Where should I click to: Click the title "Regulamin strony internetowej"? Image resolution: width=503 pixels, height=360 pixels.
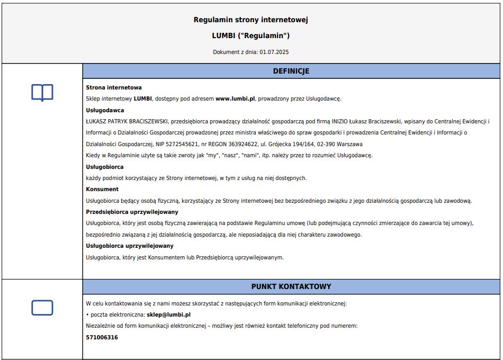(x=250, y=20)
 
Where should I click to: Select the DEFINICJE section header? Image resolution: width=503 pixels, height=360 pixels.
(x=291, y=71)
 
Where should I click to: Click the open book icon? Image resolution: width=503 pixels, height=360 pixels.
(x=42, y=93)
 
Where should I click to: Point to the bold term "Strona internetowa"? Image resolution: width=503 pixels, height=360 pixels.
(x=114, y=87)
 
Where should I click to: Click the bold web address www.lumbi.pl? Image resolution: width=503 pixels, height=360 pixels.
(x=236, y=98)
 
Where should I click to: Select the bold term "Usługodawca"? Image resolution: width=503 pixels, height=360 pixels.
(x=105, y=110)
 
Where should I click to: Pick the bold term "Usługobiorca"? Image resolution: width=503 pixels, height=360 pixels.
(x=105, y=167)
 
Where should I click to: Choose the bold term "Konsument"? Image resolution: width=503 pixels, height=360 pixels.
(x=102, y=189)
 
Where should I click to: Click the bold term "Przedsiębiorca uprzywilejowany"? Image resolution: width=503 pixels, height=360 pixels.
(x=132, y=212)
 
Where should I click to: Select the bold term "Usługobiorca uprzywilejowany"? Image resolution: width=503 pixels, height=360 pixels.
(x=130, y=246)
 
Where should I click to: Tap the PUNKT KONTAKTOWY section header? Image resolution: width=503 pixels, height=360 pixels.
(x=291, y=286)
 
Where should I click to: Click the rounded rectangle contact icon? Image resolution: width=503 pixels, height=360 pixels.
(x=42, y=308)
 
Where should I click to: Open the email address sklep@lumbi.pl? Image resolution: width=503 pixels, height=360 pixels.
(x=168, y=314)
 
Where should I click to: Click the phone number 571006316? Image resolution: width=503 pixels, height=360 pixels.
(x=102, y=337)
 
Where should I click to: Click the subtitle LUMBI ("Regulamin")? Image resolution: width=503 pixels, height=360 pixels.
(x=250, y=36)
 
